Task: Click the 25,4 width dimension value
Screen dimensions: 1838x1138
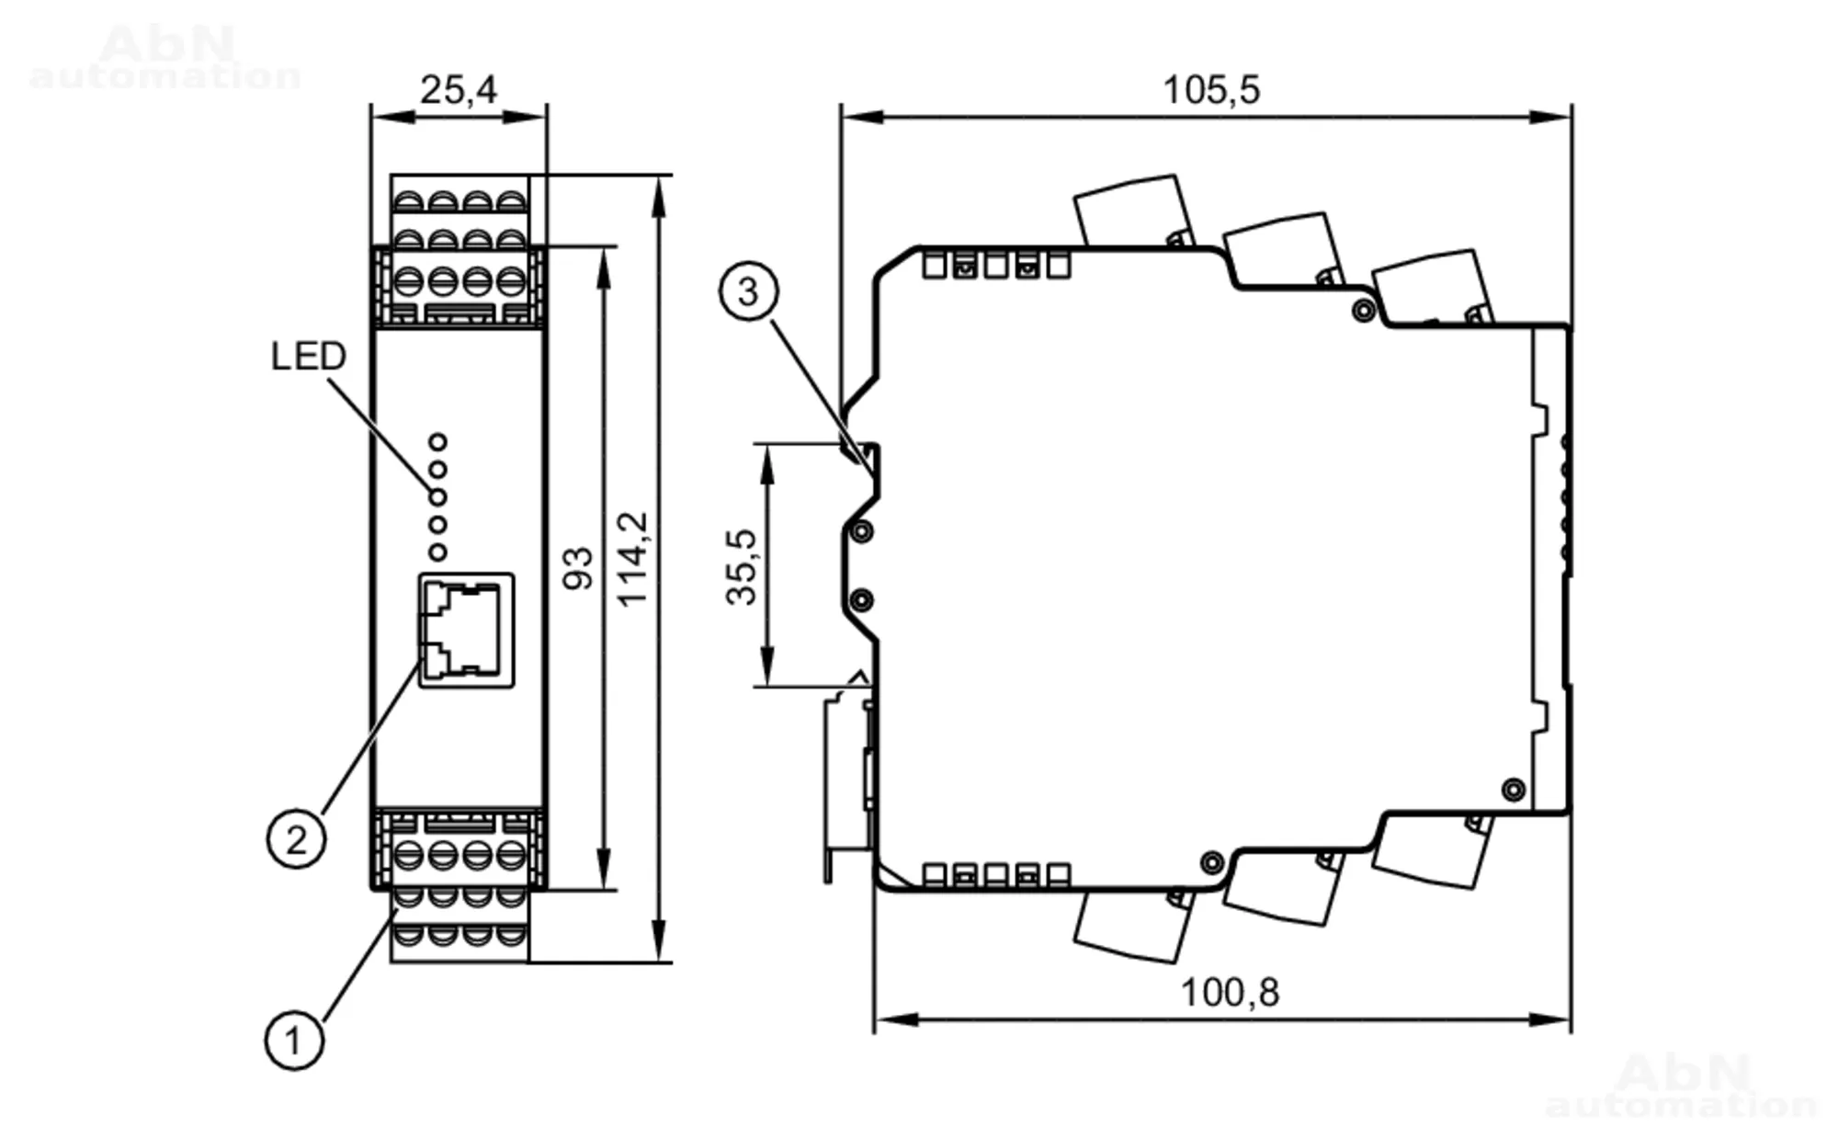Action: (459, 90)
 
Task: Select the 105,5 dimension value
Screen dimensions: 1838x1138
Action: (1211, 90)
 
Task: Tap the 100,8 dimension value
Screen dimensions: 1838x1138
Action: (1229, 993)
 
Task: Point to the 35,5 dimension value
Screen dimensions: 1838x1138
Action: (742, 566)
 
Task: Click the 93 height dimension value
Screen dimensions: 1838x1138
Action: (578, 567)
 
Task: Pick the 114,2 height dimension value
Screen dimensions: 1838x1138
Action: (632, 559)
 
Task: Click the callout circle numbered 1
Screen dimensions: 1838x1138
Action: (294, 1041)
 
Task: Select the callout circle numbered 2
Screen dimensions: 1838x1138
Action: (296, 839)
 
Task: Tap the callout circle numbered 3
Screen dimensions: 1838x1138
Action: (748, 291)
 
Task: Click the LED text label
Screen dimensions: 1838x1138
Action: (309, 357)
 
